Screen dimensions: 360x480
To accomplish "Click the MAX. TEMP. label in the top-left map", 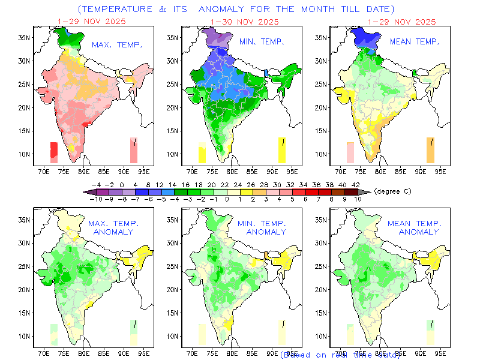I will (116, 45).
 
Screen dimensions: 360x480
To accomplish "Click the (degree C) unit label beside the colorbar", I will (394, 191).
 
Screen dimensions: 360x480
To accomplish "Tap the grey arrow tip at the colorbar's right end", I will (367, 191).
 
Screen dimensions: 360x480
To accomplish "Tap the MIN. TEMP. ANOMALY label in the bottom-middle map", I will (262, 227).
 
